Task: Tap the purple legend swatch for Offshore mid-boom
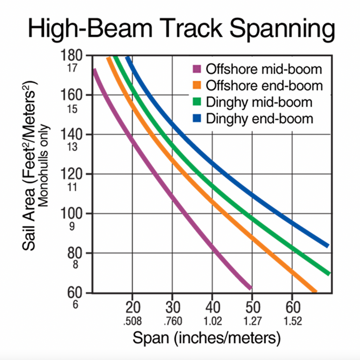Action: coord(197,69)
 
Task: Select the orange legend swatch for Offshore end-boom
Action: coord(197,85)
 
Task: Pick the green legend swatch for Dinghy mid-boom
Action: coord(197,102)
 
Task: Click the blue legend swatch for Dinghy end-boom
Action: coord(197,119)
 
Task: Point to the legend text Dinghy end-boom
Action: coord(259,119)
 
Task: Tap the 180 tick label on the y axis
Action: coord(71,56)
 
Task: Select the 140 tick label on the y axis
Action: coord(71,135)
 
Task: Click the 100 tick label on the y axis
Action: coord(71,214)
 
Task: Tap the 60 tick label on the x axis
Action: coord(292,308)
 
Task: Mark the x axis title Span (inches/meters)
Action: coord(207,339)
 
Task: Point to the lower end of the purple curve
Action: coord(250,288)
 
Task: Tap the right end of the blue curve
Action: coord(327,245)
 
